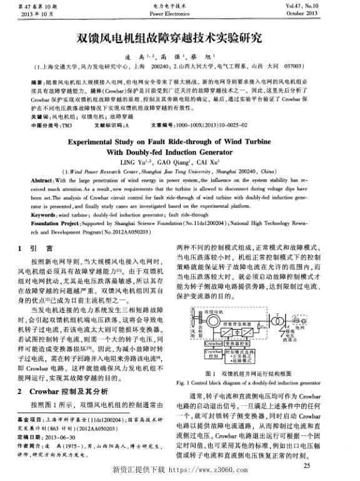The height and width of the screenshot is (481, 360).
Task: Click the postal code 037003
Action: pyautogui.click(x=296, y=64)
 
